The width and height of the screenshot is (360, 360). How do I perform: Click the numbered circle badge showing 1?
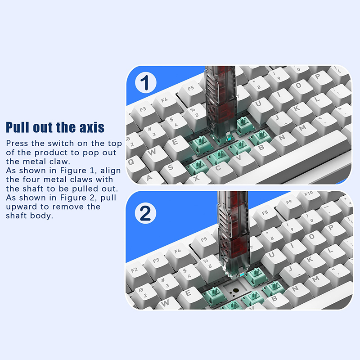145,83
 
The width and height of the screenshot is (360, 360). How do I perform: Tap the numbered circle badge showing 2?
145,213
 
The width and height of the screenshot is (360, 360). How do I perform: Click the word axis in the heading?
92,127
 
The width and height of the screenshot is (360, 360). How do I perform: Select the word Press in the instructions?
18,143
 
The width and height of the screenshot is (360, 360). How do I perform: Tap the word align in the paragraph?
110,171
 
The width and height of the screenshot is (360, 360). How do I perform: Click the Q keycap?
132,163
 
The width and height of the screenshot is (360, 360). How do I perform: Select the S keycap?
171,167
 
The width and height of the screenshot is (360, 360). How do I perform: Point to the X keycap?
197,178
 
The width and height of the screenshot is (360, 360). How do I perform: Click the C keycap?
219,169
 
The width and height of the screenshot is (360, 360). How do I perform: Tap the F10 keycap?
308,194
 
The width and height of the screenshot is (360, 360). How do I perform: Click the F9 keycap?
289,203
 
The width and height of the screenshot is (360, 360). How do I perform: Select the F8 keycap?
265,213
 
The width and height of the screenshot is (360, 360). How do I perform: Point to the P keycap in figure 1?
319,77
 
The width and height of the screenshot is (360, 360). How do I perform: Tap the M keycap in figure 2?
316,279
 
